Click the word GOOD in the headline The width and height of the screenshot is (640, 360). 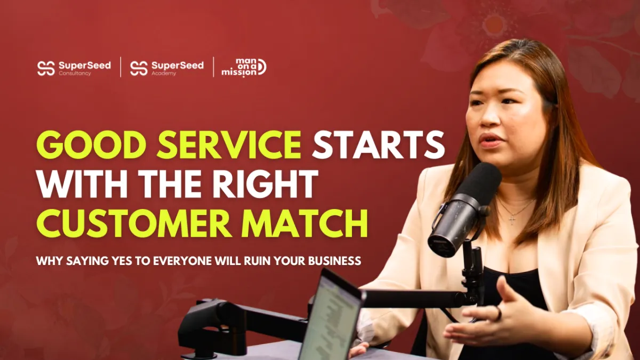[x=91, y=145]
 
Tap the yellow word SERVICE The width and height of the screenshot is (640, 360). [x=229, y=145]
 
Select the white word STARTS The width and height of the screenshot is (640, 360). [x=378, y=145]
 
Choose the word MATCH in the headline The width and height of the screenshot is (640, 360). [x=305, y=223]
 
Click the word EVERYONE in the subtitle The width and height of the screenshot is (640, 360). [x=183, y=261]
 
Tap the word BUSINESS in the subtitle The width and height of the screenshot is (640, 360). [x=334, y=261]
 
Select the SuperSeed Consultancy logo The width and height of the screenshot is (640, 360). [x=74, y=68]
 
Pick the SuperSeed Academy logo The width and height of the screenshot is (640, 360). [x=167, y=68]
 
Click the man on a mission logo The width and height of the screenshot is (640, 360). [x=244, y=68]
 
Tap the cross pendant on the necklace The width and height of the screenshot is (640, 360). [x=512, y=219]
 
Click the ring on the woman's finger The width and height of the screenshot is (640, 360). [x=498, y=313]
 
